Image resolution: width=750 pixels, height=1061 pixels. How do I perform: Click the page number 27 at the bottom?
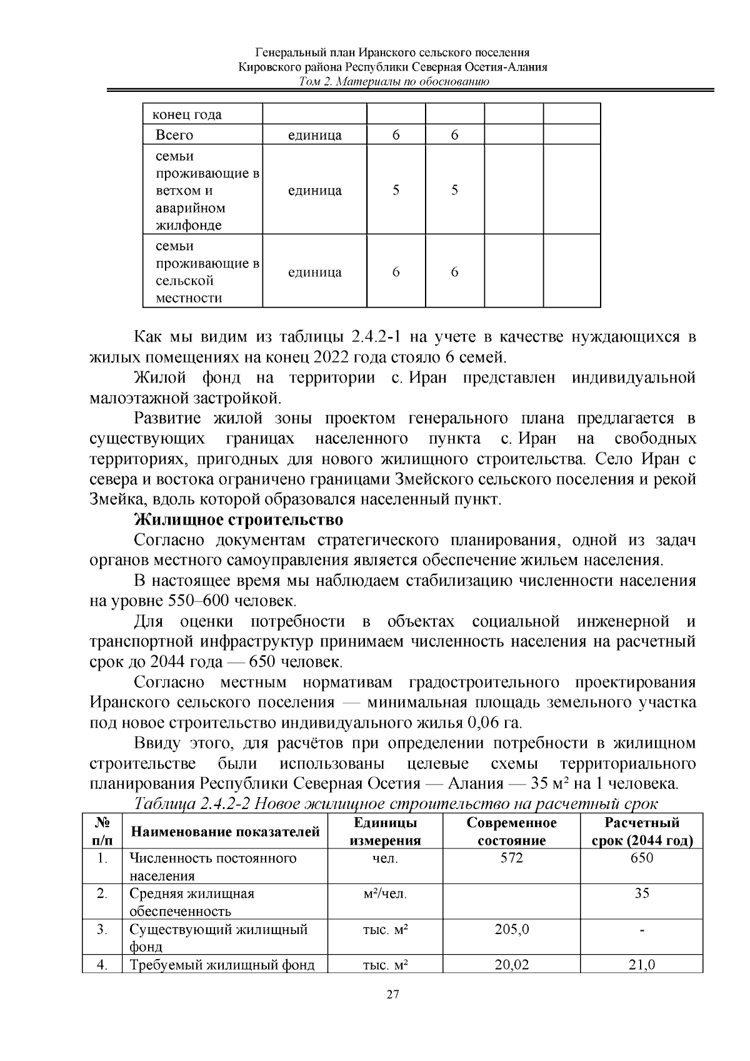point(392,1013)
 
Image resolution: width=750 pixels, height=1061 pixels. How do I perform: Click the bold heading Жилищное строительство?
point(239,520)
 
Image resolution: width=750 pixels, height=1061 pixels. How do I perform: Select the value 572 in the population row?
point(511,858)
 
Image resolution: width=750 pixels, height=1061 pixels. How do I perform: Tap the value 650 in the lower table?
point(642,858)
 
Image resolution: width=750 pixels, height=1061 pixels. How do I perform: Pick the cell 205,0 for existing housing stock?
point(511,929)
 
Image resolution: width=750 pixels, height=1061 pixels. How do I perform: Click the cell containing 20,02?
point(511,965)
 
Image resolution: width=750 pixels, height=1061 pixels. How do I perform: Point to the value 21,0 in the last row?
point(642,965)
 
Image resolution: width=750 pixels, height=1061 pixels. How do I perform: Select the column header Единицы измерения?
point(385,832)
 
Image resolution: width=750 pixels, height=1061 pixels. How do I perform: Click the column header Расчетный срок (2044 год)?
point(642,832)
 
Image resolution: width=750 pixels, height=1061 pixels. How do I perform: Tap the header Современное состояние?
point(511,832)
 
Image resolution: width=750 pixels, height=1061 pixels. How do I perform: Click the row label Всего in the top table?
point(174,135)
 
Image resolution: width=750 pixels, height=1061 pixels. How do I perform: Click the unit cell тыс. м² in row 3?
point(385,929)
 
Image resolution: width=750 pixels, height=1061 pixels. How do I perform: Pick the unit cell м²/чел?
point(385,893)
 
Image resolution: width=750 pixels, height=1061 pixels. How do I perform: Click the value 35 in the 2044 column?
point(642,893)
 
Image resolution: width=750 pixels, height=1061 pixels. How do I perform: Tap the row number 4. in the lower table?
point(102,965)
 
